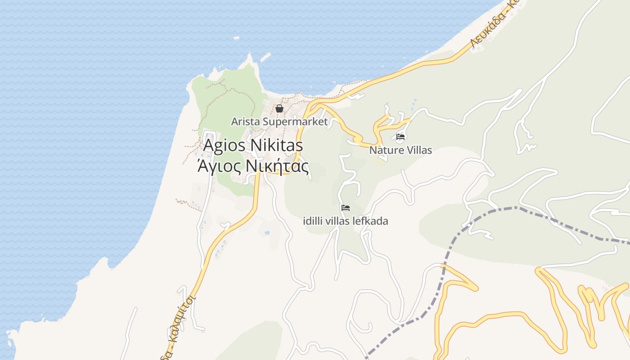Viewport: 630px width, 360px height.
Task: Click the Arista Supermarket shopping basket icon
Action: click(x=279, y=108)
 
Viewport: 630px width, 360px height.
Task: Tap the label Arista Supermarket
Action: click(x=279, y=121)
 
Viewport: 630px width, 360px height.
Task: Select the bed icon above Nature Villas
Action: click(x=400, y=137)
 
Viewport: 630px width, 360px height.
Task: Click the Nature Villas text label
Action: click(x=400, y=150)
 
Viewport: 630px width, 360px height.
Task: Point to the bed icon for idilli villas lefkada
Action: click(x=346, y=208)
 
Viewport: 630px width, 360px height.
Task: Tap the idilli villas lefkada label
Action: click(x=346, y=221)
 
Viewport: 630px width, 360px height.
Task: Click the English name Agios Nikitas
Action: click(x=253, y=145)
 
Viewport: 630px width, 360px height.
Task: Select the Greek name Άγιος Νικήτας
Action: click(x=253, y=167)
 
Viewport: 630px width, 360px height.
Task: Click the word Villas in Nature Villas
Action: click(x=419, y=150)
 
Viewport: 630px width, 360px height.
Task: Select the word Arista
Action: click(x=245, y=121)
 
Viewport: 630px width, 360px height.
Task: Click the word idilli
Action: click(x=313, y=221)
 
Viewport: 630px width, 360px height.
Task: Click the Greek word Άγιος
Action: click(x=219, y=167)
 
